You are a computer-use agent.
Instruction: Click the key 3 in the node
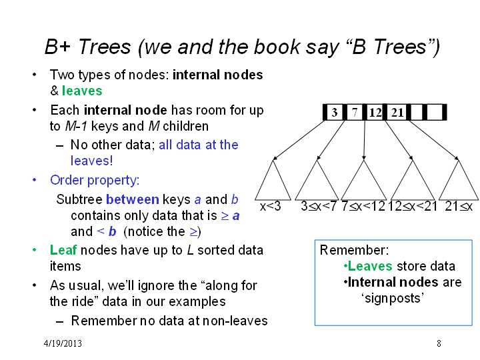[335, 113]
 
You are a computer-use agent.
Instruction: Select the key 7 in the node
[355, 113]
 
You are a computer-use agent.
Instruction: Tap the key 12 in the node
[375, 113]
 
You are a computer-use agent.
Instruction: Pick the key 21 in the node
[397, 113]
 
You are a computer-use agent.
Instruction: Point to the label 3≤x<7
[319, 206]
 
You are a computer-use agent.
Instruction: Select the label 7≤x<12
[363, 206]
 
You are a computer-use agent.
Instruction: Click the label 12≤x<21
[413, 206]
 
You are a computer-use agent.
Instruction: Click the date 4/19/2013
[63, 343]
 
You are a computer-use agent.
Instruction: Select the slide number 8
[439, 343]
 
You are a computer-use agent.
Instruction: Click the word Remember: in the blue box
[354, 250]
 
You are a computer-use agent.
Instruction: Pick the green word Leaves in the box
[370, 266]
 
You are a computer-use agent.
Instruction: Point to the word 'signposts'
[393, 298]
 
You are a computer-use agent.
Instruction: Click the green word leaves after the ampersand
[82, 91]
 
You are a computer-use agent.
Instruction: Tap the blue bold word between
[133, 199]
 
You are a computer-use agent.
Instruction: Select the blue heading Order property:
[95, 180]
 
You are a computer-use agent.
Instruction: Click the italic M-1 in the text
[76, 126]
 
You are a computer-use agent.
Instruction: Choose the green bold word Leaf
[63, 250]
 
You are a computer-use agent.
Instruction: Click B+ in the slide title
[57, 47]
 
